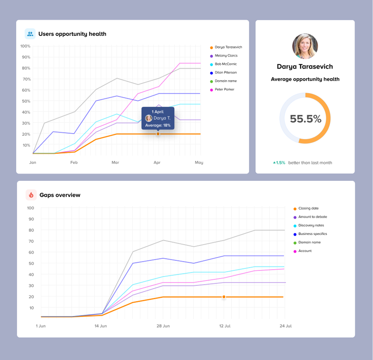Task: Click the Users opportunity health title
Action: click(x=72, y=34)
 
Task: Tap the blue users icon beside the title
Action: click(x=30, y=33)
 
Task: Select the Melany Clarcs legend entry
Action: click(x=226, y=56)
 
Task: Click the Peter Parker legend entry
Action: click(x=224, y=90)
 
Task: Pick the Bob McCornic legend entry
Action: click(x=225, y=64)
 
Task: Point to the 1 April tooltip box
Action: click(x=158, y=118)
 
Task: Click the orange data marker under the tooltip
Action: click(x=158, y=134)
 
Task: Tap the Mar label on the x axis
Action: click(x=116, y=163)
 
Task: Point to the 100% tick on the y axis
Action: click(x=25, y=46)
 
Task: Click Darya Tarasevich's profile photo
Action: click(x=305, y=46)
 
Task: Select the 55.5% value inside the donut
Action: click(x=305, y=119)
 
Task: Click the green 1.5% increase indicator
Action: click(x=279, y=163)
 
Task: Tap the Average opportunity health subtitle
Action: click(x=305, y=79)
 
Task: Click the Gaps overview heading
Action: click(x=60, y=195)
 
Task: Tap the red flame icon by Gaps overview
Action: click(x=31, y=195)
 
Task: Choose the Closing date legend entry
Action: click(x=308, y=209)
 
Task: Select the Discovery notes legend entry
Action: click(x=311, y=226)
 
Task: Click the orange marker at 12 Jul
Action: click(x=223, y=297)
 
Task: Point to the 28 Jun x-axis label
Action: click(x=163, y=326)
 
